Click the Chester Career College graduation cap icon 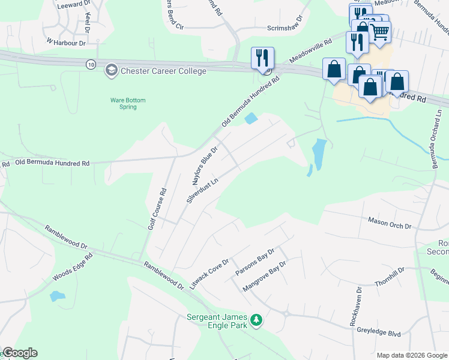coord(111,71)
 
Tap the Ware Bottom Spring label coord(128,103)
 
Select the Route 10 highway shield coord(90,64)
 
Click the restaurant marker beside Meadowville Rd coord(262,58)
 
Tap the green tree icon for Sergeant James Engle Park coord(257,320)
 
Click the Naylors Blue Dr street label coord(204,163)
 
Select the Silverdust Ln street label coord(201,190)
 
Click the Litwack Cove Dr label coord(209,274)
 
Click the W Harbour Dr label coord(66,42)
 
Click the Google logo coord(20,353)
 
